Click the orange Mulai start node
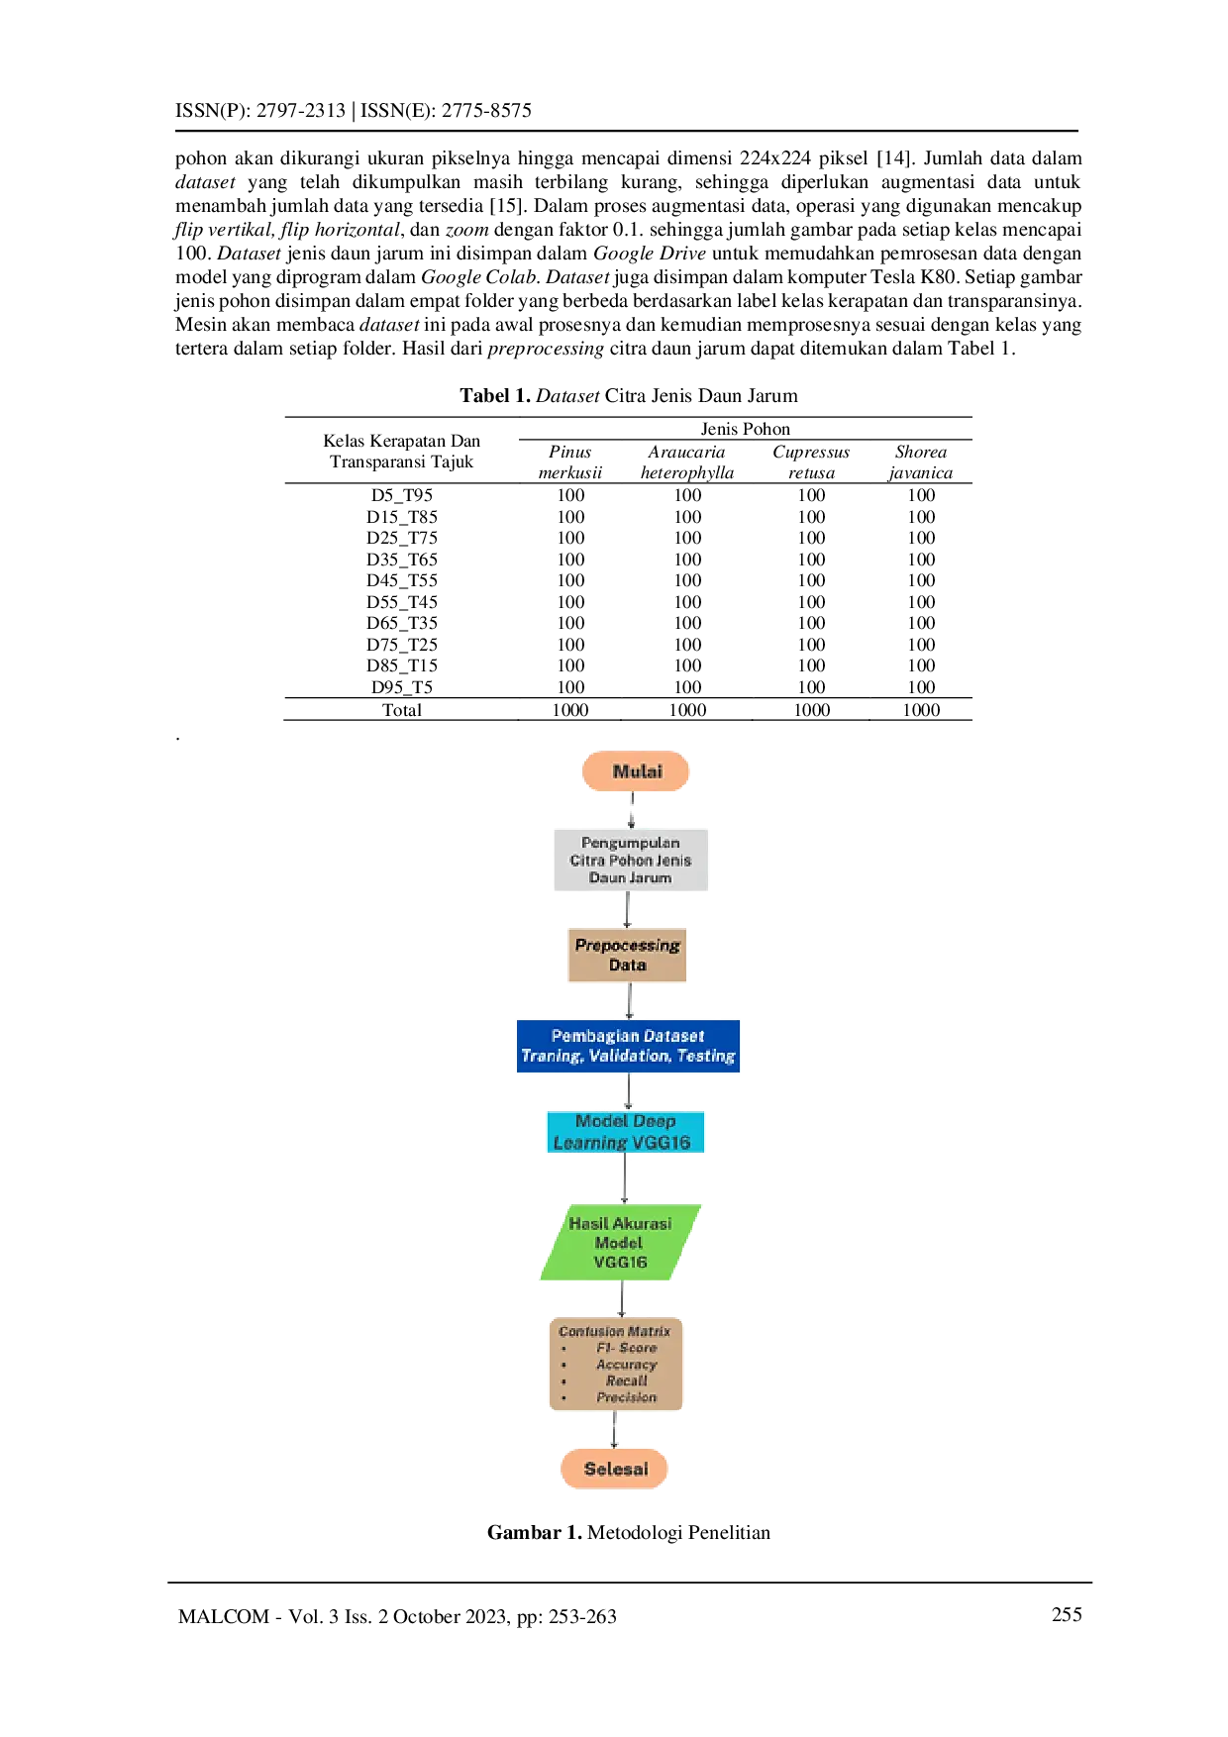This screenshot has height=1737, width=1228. pos(636,771)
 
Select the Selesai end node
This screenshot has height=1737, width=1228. pos(615,1469)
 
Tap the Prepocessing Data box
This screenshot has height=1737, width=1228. pos(627,955)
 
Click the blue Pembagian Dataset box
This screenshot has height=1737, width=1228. pos(628,1046)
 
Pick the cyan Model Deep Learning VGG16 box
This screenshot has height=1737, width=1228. pos(626,1132)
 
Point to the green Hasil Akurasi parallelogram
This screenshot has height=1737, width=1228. pos(620,1242)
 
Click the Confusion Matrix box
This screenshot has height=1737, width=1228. pos(616,1364)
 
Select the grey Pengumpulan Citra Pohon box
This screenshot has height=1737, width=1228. pos(631,860)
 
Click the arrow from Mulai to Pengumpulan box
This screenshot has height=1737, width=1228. pos(632,810)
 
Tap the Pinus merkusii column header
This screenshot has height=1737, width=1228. pos(570,462)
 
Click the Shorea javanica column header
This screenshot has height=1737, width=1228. pos(921,462)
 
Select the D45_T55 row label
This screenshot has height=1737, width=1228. pos(402,580)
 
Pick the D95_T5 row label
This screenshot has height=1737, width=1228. pos(402,687)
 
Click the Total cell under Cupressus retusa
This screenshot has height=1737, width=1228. pos(812,710)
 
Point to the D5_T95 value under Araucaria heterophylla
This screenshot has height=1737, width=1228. pos(687,495)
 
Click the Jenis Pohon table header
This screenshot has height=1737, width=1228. pos(745,429)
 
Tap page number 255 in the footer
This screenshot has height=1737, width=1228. pos(1067,1614)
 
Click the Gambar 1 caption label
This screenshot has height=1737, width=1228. pos(535,1532)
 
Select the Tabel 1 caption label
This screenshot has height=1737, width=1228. pos(495,396)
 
